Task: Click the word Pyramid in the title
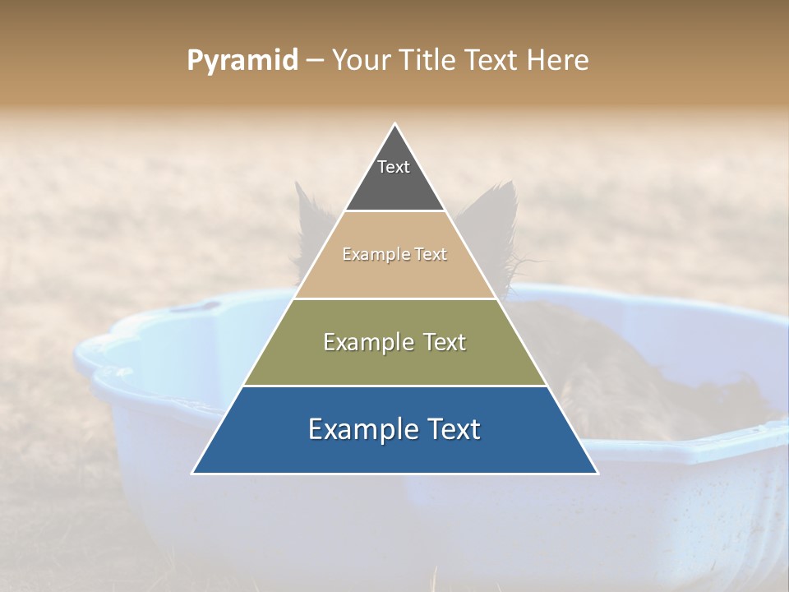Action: (x=242, y=61)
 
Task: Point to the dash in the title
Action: (x=314, y=61)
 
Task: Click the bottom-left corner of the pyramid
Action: (x=193, y=473)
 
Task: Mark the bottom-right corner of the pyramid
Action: (x=598, y=473)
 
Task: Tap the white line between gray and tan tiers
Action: (x=394, y=211)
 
